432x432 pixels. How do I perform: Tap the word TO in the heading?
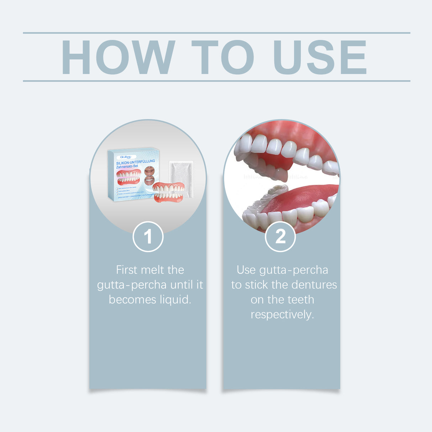point(222,57)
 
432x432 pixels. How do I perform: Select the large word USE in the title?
point(320,57)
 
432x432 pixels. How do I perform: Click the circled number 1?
point(148,237)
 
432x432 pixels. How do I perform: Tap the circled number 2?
point(280,237)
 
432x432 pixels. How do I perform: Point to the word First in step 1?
point(126,270)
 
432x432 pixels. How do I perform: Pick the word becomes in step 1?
point(132,300)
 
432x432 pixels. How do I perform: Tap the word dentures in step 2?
point(315,285)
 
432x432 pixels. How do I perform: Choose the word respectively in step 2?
point(282,315)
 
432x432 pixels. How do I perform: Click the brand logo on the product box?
point(126,157)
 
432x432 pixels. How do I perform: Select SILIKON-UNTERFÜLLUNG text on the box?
point(136,162)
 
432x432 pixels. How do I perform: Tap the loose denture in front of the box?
point(169,193)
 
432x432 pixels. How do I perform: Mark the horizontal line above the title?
point(216,33)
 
